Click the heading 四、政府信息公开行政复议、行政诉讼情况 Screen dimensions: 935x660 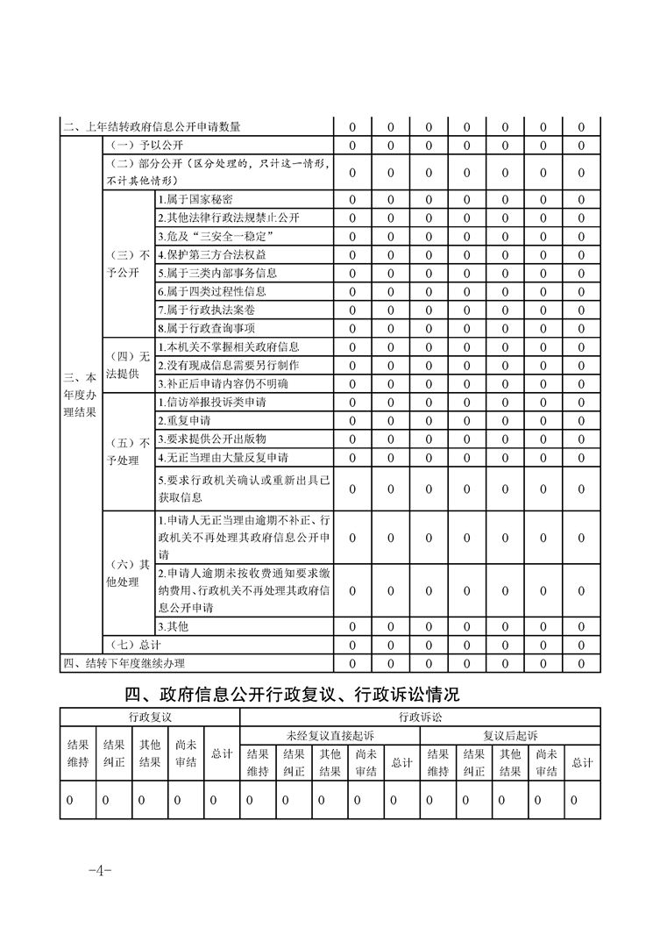click(x=292, y=696)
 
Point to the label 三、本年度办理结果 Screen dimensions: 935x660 click(x=81, y=394)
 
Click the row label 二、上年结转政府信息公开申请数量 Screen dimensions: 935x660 click(x=152, y=127)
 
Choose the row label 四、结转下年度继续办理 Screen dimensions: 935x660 click(x=124, y=663)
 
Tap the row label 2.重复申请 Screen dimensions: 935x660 click(x=184, y=420)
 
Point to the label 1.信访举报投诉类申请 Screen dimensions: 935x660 click(x=212, y=402)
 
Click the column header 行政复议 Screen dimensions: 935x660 click(x=150, y=717)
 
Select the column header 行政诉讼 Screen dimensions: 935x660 click(x=421, y=717)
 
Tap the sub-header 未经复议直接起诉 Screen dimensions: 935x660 click(x=330, y=735)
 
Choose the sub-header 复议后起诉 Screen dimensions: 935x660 click(x=510, y=735)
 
